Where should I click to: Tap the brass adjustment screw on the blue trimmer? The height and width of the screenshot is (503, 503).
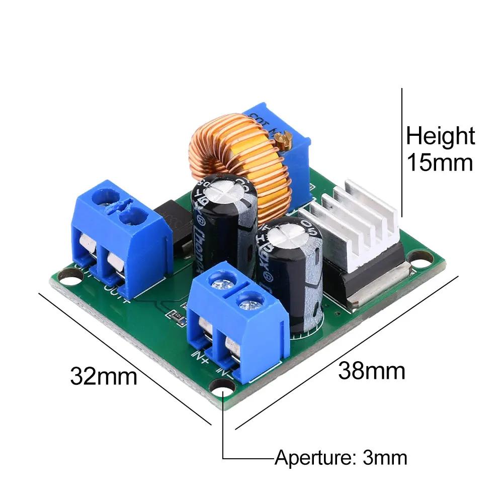tap(286, 137)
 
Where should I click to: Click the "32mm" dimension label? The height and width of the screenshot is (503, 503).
tap(104, 376)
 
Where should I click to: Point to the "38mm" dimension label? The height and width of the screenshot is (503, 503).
tap(371, 371)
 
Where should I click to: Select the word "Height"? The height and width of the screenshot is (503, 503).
tap(440, 136)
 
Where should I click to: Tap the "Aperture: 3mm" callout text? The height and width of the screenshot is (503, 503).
tap(341, 458)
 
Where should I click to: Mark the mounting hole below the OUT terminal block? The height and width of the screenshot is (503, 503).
tap(66, 275)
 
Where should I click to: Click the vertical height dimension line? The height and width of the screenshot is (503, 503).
tap(402, 151)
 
